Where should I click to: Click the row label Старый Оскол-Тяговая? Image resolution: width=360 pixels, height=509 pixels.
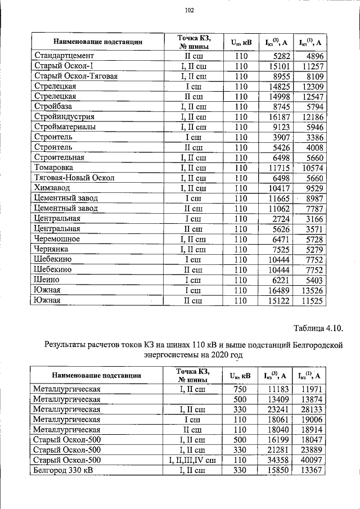[76, 76]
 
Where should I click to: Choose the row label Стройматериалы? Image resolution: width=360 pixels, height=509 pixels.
[65, 127]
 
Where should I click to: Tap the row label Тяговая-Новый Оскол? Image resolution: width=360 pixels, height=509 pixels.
[74, 178]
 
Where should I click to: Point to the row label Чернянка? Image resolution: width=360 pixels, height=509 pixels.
[52, 249]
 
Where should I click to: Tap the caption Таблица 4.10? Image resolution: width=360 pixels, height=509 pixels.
[318, 328]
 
